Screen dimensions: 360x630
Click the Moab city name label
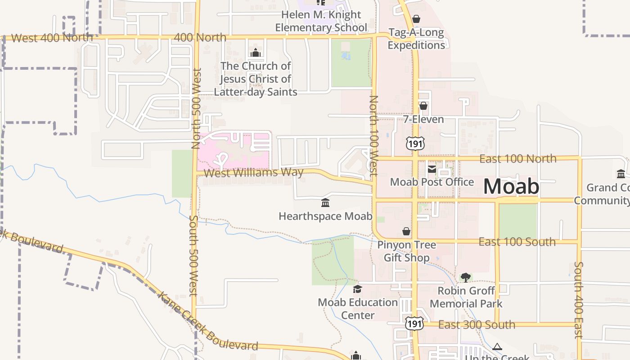coord(511,186)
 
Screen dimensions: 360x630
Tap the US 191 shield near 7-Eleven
coord(414,144)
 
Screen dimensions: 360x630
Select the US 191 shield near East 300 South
coord(414,323)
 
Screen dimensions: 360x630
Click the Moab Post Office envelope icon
coord(432,169)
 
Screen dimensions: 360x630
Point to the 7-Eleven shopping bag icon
coord(423,106)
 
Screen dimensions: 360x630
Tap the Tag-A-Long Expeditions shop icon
coord(416,19)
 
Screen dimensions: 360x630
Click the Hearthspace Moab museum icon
coord(325,203)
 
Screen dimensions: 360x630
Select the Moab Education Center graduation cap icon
coord(357,289)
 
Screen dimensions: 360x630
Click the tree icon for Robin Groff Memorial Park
coord(466,277)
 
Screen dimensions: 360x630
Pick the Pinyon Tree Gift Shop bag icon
coord(406,231)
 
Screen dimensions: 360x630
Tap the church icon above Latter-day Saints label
coord(256,53)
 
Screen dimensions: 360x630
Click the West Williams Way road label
coord(253,173)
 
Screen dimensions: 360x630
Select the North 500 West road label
coord(196,108)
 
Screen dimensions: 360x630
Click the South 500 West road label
coord(193,255)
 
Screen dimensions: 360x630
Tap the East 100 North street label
coord(517,158)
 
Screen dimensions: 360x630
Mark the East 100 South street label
coord(517,242)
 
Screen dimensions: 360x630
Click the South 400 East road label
coord(579,300)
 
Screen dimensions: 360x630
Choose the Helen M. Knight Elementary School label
coord(321,21)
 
